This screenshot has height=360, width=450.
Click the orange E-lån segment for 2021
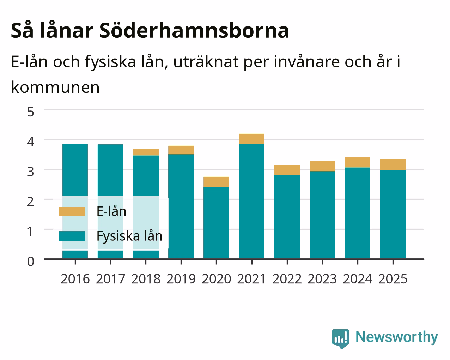point(252,139)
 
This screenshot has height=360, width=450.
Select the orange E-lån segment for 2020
point(216,182)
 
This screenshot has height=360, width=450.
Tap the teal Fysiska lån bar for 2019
point(181,206)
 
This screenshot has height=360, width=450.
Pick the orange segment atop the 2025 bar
point(393,164)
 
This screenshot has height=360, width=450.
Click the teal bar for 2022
point(287,217)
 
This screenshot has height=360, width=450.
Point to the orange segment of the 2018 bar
point(146,152)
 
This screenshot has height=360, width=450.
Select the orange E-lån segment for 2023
point(322,166)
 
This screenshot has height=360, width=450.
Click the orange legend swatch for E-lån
point(72,211)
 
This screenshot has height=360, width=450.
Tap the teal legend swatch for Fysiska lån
point(72,236)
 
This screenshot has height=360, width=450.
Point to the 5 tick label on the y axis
point(31,112)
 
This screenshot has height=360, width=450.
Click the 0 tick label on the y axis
point(31,262)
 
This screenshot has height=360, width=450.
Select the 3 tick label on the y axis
point(31,172)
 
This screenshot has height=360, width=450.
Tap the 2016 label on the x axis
point(75,279)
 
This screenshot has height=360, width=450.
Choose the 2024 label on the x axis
point(358,279)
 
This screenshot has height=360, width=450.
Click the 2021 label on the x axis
point(251,279)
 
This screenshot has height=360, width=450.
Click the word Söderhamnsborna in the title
point(194,30)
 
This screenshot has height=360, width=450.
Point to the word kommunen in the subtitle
point(55,88)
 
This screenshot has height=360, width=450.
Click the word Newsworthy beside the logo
point(397,337)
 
